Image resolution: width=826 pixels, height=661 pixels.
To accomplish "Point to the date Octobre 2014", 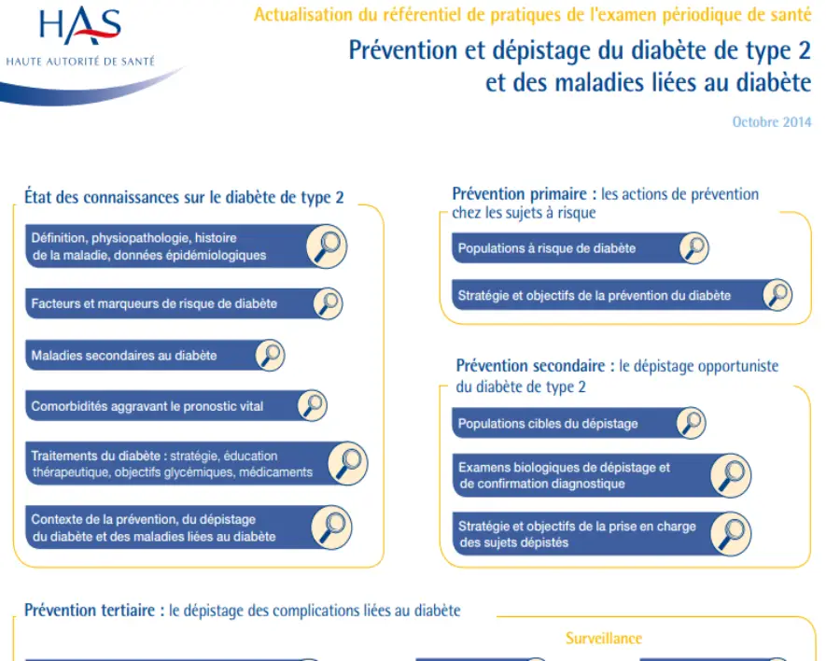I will click(771, 122).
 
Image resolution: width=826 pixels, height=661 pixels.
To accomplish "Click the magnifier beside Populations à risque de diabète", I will click(693, 248).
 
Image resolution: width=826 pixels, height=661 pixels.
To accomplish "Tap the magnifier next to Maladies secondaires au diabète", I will click(269, 355).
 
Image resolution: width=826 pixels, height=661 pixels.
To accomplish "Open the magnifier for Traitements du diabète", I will click(348, 463).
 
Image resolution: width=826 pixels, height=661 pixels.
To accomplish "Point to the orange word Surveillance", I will click(603, 639).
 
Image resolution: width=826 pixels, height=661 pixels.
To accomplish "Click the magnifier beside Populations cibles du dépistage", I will click(690, 423).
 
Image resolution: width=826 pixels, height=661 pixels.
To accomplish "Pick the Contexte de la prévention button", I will click(153, 527).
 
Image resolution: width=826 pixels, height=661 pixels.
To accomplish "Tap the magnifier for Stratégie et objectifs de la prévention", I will click(777, 295).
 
